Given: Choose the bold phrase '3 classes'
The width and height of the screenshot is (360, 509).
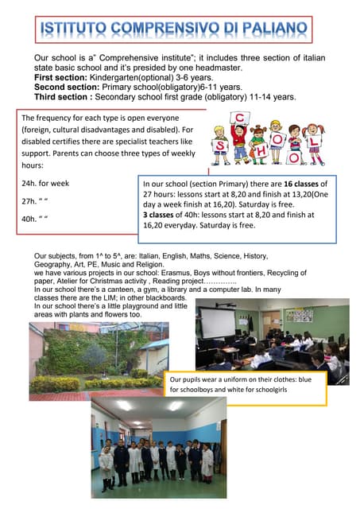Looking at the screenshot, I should coord(165,215).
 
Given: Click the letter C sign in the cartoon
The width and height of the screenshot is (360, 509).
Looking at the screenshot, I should coord(237,120).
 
